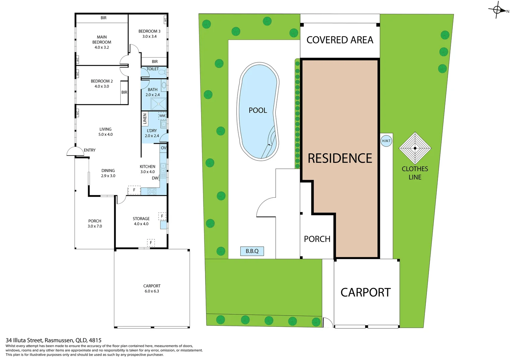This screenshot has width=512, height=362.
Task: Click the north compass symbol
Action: point(497,10)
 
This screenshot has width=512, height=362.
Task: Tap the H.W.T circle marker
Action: point(386,141)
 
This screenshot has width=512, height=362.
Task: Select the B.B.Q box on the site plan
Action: point(252,251)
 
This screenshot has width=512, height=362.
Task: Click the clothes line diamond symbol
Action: point(415,148)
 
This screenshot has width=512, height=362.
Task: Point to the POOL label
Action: point(258,110)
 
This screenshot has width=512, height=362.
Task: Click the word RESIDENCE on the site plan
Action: point(340,158)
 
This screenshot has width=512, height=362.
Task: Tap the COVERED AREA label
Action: point(340,40)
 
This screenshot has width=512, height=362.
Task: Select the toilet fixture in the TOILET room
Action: point(162,72)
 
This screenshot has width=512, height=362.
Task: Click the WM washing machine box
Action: point(162,116)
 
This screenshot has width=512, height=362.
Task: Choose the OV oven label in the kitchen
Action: point(164,148)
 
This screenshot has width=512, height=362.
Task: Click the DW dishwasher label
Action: point(155,178)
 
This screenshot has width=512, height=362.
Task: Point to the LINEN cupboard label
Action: point(145,119)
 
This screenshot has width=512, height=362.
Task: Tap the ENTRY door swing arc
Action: point(75,152)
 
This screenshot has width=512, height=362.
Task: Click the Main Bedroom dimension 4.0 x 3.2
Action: point(102,47)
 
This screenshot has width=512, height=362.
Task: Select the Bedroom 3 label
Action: point(149,31)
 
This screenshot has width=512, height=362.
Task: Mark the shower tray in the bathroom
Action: point(158,104)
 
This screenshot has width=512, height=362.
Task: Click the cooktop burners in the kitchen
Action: point(152,191)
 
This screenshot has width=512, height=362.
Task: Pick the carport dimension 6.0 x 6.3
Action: point(152,291)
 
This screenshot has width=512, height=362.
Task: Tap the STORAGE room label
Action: point(141,219)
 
